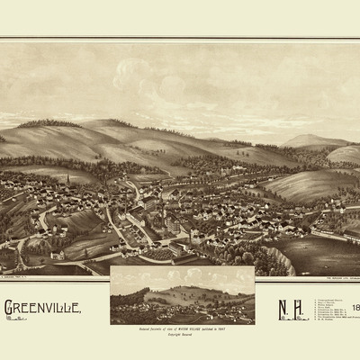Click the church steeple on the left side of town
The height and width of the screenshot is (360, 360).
tap(67, 183)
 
